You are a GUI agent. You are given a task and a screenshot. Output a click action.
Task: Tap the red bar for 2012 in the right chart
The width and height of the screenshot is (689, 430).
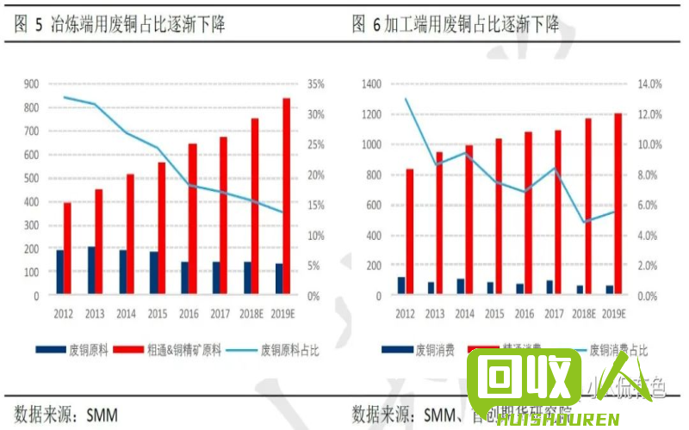410,232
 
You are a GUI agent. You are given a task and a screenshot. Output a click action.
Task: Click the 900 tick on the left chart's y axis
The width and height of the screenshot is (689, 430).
32,84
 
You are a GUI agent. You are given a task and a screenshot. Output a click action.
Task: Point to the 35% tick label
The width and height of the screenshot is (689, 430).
315,84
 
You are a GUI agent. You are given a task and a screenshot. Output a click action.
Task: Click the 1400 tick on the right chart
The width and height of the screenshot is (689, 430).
370,84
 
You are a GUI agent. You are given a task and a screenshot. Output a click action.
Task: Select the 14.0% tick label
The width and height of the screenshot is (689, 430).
649,84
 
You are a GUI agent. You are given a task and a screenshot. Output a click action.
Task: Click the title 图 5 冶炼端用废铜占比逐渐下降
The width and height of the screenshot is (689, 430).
121,24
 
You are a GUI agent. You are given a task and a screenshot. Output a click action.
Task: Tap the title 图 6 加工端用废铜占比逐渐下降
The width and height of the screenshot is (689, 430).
456,24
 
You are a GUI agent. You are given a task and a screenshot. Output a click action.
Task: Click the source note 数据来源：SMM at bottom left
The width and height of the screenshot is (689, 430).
65,415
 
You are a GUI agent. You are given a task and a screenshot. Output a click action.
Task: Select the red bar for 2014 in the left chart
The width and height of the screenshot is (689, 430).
130,235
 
